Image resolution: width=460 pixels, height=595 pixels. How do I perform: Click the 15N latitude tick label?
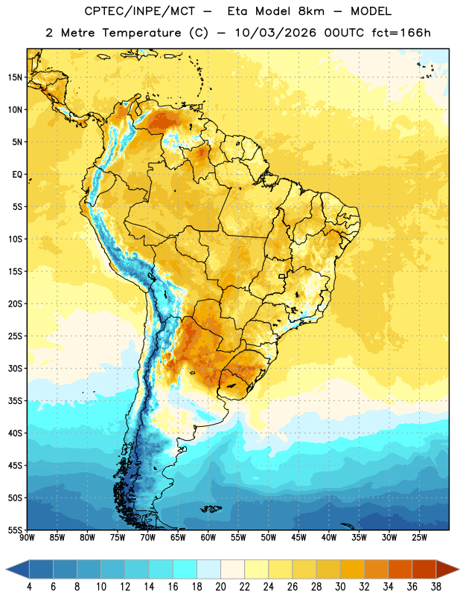[x=15, y=77]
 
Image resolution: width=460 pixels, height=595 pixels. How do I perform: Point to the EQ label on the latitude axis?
[x=17, y=175]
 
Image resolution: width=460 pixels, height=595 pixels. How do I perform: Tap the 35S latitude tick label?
[x=15, y=401]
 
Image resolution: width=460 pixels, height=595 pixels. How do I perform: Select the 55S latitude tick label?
[x=15, y=530]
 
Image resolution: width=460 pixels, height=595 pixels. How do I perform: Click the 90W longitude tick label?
[x=28, y=537]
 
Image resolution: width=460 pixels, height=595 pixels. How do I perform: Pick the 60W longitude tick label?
[x=208, y=537]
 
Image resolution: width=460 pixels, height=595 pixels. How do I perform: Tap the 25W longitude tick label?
[x=419, y=537]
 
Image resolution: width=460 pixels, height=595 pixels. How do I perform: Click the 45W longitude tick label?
[x=298, y=537]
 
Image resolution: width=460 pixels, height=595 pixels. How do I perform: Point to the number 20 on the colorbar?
[x=220, y=587]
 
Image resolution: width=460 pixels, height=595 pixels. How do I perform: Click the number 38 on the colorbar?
[x=435, y=587]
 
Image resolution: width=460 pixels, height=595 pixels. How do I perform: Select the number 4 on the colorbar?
[x=29, y=587]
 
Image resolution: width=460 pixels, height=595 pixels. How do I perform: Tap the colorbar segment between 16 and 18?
[x=185, y=569]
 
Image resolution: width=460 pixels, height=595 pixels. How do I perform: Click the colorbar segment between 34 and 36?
[x=400, y=569]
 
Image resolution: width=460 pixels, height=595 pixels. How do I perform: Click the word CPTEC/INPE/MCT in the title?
[x=139, y=11]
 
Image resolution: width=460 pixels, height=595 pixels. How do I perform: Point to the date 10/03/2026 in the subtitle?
[x=275, y=33]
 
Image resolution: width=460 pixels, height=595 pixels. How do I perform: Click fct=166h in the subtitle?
[x=401, y=33]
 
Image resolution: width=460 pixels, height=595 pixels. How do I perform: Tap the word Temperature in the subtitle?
[x=141, y=33]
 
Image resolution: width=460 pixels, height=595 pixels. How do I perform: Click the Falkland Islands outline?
[x=211, y=509]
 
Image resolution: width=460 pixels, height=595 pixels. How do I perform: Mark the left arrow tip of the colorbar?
[x=7, y=569]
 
